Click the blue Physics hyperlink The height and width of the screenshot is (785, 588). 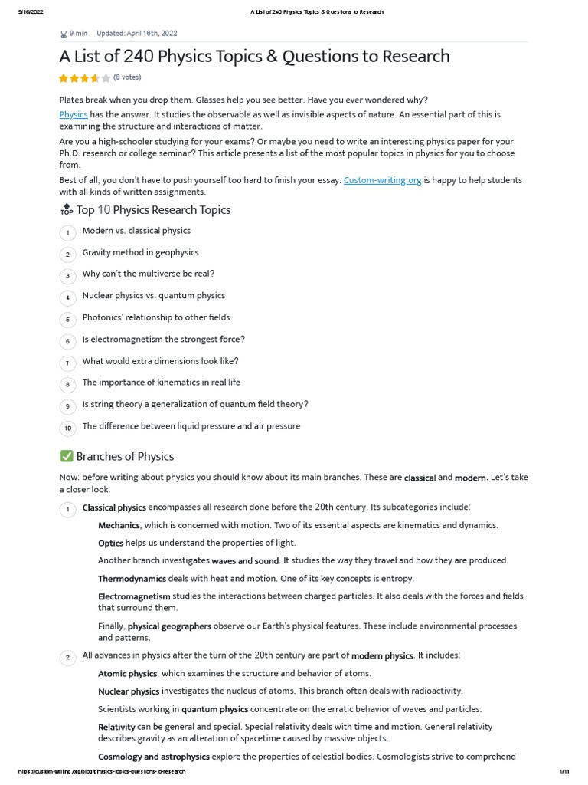pyautogui.click(x=73, y=114)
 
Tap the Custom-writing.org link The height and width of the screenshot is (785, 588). pyautogui.click(x=383, y=180)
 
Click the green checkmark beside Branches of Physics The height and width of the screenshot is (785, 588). pyautogui.click(x=66, y=456)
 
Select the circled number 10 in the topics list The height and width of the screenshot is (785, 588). pyautogui.click(x=67, y=428)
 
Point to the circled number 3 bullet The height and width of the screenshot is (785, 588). pyautogui.click(x=67, y=275)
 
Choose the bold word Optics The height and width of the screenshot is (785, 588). pyautogui.click(x=111, y=543)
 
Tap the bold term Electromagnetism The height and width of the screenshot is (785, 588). pyautogui.click(x=134, y=596)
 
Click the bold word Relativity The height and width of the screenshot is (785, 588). pyautogui.click(x=116, y=727)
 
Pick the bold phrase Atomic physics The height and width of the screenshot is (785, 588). pyautogui.click(x=127, y=673)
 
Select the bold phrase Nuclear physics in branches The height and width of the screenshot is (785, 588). pyautogui.click(x=129, y=691)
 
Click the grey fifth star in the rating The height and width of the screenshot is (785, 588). pyautogui.click(x=106, y=78)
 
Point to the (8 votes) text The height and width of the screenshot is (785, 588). pyautogui.click(x=127, y=77)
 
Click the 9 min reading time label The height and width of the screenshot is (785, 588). pyautogui.click(x=77, y=34)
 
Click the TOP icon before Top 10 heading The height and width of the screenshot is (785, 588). pyautogui.click(x=66, y=210)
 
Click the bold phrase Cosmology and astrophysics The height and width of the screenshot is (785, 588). pyautogui.click(x=154, y=757)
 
